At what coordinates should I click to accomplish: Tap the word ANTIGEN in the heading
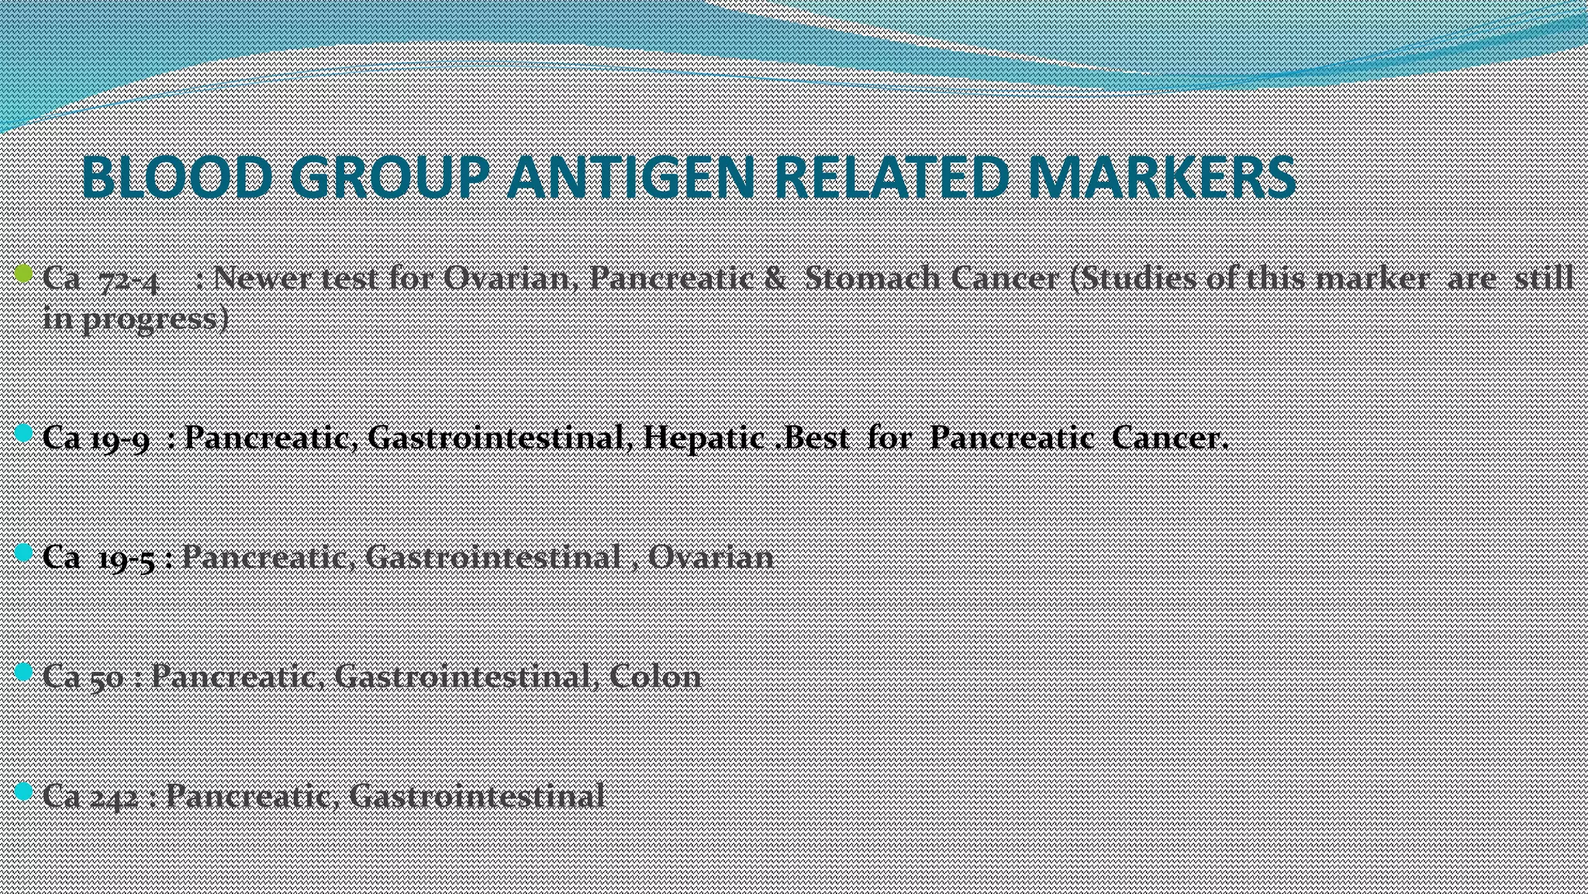click(x=630, y=177)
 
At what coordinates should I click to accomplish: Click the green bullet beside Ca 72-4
click(x=23, y=273)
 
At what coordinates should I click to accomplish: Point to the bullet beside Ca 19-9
click(x=23, y=433)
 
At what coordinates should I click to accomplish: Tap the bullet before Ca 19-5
click(x=23, y=552)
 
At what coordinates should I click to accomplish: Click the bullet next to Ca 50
click(x=23, y=671)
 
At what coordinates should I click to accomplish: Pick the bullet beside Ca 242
click(x=23, y=791)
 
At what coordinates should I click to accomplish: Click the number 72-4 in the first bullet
click(x=129, y=279)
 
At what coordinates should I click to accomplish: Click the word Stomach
click(x=872, y=278)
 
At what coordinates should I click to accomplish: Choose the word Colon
click(x=655, y=677)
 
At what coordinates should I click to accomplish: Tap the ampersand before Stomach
click(x=774, y=278)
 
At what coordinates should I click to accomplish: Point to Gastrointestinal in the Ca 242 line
click(x=476, y=796)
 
